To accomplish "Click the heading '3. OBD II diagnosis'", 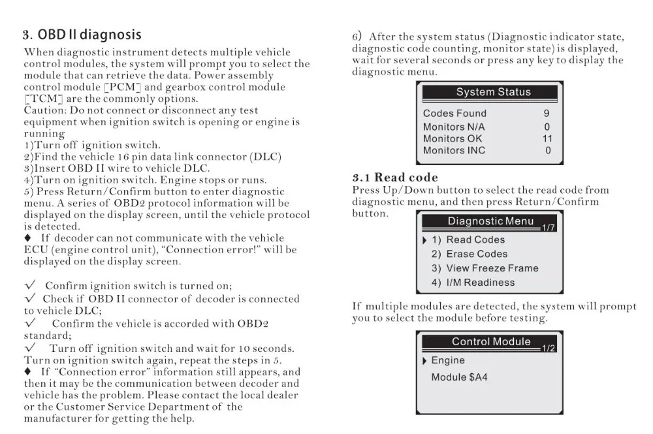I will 82,34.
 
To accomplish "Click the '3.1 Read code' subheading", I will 395,178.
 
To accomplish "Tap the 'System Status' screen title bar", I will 493,92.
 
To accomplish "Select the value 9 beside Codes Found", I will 547,114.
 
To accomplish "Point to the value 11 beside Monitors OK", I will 547,138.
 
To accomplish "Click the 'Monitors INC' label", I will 454,150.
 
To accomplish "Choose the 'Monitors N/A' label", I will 454,127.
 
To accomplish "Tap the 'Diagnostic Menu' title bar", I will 490,221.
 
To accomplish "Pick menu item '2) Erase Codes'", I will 469,254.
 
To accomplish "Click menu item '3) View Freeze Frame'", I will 485,268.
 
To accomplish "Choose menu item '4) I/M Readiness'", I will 473,283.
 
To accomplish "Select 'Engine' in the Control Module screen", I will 448,360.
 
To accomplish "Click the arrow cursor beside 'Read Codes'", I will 425,240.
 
